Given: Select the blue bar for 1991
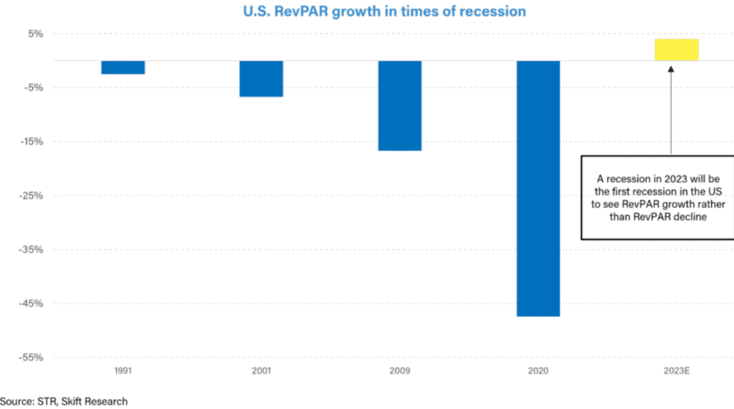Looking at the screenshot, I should tap(123, 67).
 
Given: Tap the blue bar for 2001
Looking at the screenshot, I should tap(261, 79).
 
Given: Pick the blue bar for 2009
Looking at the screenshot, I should tap(400, 105).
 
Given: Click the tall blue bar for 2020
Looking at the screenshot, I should tap(538, 188).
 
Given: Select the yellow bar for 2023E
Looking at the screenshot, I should tap(677, 49).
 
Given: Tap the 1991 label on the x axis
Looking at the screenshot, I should tap(123, 372).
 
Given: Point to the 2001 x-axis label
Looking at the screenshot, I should tap(261, 372).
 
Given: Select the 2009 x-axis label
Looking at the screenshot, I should tap(400, 372).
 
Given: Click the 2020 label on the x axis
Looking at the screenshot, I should tap(538, 372).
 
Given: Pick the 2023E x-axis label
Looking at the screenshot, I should tap(677, 372).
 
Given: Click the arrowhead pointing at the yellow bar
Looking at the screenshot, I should tap(672, 69).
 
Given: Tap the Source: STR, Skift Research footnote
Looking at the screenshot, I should tap(64, 401).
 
